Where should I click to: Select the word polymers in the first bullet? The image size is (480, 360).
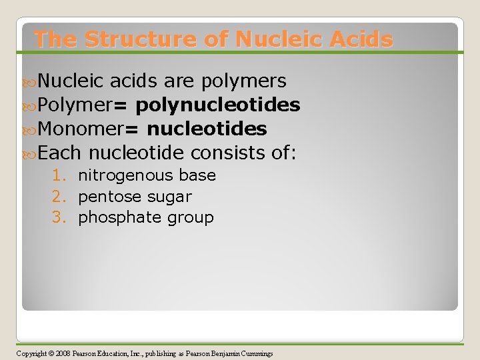[x=245, y=81]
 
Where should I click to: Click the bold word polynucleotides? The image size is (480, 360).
[x=217, y=105]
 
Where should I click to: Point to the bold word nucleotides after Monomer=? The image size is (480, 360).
[x=207, y=129]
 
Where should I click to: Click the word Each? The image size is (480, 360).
[x=59, y=153]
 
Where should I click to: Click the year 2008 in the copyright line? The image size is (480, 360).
[x=63, y=353]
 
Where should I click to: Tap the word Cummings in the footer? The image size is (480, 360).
[x=255, y=353]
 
